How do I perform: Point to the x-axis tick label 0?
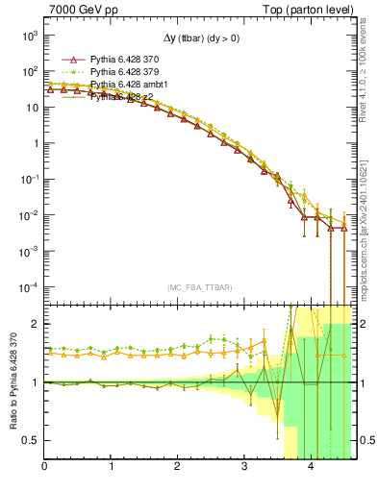(45, 467)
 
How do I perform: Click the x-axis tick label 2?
(178, 467)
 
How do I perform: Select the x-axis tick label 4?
(311, 467)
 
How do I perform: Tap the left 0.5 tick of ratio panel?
(32, 440)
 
